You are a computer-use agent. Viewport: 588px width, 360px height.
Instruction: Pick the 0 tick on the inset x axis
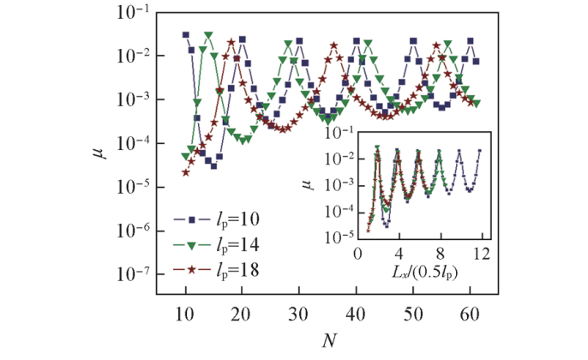[x=357, y=255]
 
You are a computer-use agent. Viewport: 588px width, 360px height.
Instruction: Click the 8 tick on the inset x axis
[x=439, y=255]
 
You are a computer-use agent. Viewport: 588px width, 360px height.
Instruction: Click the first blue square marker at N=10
[x=185, y=35]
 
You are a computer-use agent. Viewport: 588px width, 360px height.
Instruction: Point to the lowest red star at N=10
[x=186, y=172]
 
